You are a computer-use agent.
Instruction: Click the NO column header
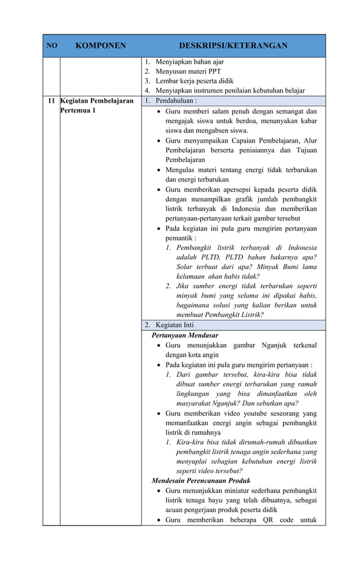click(51, 46)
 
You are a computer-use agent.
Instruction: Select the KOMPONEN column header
click(100, 46)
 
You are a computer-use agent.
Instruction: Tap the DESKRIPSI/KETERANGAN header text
click(233, 46)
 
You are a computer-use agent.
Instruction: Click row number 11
click(51, 101)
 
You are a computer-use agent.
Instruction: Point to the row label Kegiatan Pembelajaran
click(96, 101)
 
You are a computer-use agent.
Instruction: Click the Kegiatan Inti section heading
click(174, 325)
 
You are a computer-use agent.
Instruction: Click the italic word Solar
click(187, 267)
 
